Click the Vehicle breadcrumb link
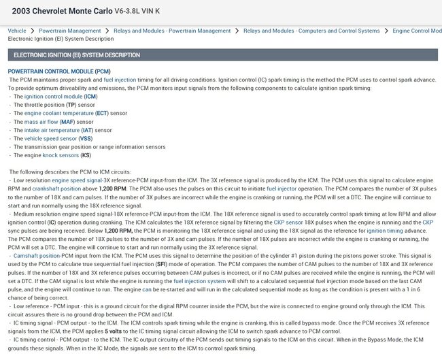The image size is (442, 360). (17, 31)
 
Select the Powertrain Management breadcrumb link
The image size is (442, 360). (70, 31)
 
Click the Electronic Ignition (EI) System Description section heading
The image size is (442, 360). (77, 54)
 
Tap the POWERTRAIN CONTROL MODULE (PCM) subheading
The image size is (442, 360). (59, 71)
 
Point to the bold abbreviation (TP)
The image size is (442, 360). (71, 105)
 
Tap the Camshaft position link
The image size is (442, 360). (34, 254)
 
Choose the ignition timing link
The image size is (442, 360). (385, 229)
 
